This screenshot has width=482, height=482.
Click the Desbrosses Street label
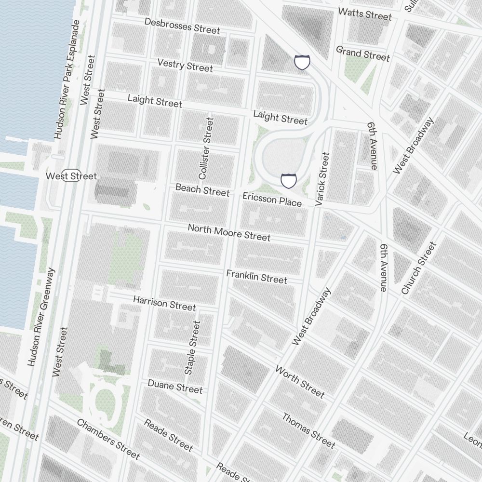point(182,27)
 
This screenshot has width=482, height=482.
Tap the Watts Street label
point(365,14)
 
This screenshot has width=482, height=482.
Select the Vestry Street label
point(185,65)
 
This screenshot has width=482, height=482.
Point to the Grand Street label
point(362,53)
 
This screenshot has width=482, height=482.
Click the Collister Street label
point(206,148)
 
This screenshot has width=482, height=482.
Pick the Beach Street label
point(202,190)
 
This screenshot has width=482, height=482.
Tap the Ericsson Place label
point(272,199)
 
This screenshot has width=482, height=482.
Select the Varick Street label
point(322,179)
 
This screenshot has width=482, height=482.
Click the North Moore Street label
point(229,232)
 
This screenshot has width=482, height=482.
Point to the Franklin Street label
point(256,277)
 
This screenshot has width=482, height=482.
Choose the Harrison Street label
point(164,303)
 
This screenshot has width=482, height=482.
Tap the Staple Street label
point(192,348)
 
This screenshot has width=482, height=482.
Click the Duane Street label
point(175,386)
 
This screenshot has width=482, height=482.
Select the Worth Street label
point(300,382)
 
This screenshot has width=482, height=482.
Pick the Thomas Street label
point(308,430)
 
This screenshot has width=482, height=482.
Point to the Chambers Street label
point(108,439)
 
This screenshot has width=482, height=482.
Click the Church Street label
point(418,268)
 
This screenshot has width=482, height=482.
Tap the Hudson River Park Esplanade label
point(67,80)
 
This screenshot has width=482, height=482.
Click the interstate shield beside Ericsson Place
point(288,181)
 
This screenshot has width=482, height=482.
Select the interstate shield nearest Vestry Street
point(302,62)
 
